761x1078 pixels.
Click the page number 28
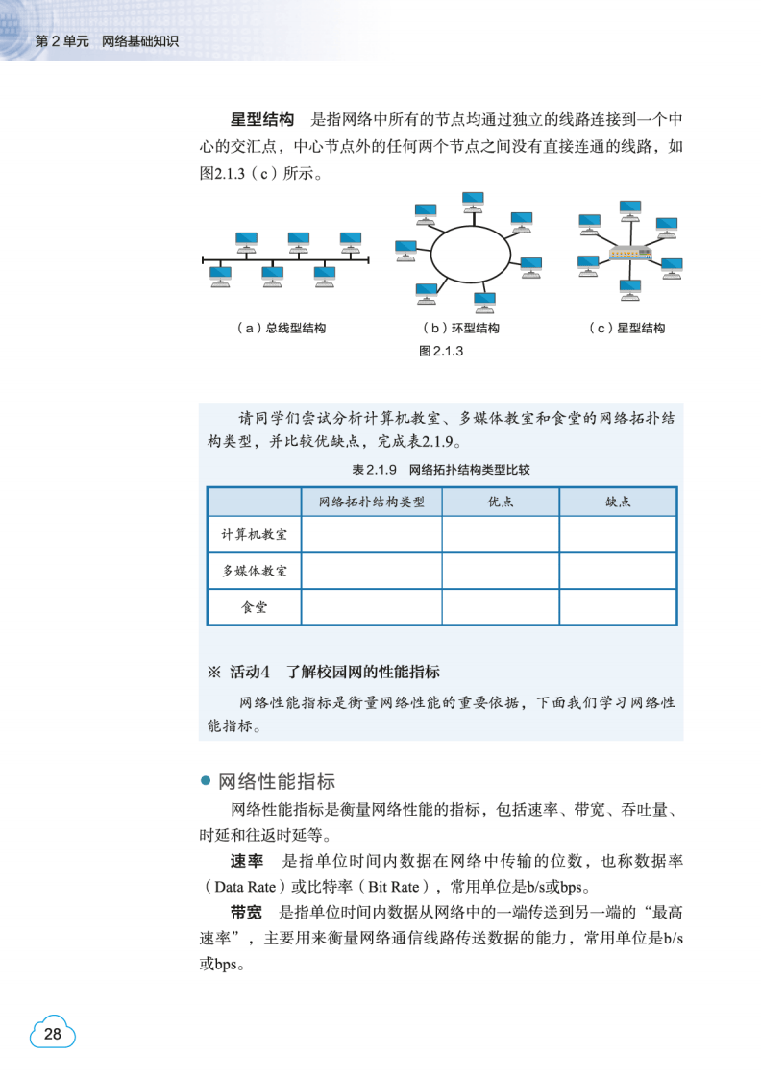53,1034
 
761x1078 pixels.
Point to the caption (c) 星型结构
627,328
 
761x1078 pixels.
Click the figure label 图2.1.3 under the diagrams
442,351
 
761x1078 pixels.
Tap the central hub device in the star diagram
630,255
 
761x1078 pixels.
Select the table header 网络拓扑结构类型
371,502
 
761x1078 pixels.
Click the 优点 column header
500,502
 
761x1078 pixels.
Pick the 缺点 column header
618,502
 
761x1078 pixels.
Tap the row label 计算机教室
255,534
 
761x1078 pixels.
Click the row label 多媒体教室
255,571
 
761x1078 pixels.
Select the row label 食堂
255,607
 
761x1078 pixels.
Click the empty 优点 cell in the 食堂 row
500,607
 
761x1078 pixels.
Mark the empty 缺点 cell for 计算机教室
618,534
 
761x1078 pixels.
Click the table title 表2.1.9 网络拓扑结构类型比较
441,471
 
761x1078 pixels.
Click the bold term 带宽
246,911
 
